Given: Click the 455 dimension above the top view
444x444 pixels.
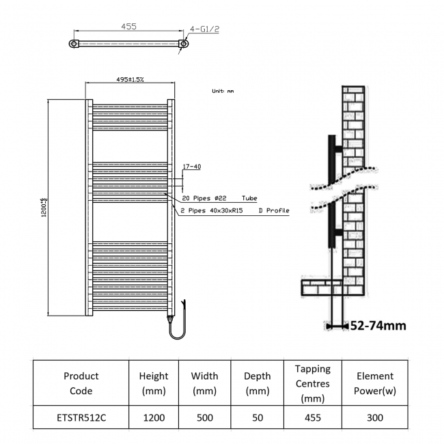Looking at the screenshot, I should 129,27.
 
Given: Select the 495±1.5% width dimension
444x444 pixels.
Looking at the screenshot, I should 130,80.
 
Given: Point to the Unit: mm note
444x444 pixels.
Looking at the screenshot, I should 223,91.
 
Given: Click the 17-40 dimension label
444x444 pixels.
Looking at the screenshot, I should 192,167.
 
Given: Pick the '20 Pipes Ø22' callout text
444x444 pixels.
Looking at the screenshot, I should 205,198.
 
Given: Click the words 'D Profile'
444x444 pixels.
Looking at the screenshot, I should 275,210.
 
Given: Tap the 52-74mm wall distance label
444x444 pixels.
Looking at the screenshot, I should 378,325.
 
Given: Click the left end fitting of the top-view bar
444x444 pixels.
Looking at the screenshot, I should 74,44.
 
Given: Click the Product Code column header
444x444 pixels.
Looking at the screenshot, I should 81,383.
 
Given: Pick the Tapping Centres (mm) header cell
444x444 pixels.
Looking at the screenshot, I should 312,383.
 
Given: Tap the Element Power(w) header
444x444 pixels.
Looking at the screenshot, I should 375,383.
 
